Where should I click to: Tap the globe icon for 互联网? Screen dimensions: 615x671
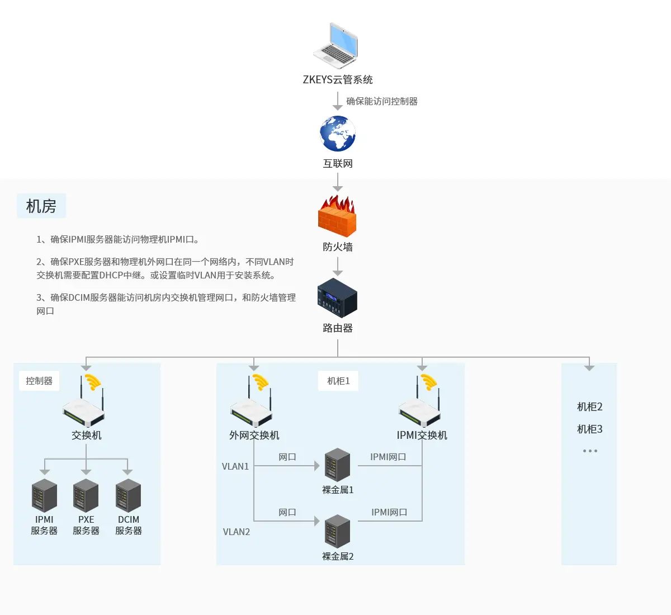[x=338, y=134]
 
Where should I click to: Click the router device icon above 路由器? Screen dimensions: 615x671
[x=337, y=298]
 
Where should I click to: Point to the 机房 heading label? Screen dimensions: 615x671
[x=41, y=206]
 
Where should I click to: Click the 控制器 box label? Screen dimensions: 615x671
[x=39, y=381]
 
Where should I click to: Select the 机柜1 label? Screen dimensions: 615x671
[x=338, y=381]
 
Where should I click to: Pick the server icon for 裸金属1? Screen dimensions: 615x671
[x=338, y=465]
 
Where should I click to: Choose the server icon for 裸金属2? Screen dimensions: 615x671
[x=338, y=531]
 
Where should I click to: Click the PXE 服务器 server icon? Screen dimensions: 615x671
[x=86, y=495]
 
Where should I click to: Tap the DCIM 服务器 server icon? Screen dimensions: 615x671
[x=128, y=495]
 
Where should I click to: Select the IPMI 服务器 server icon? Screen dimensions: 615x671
[x=44, y=495]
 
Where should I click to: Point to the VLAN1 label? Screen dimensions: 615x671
[x=235, y=466]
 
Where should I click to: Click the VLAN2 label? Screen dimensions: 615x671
[x=237, y=532]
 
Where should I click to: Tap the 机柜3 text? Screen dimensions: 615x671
[x=590, y=429]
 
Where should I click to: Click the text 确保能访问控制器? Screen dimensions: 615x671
[x=382, y=101]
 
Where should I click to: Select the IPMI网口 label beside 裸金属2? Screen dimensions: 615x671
[x=389, y=512]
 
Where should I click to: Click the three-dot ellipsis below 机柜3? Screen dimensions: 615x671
[x=590, y=451]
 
